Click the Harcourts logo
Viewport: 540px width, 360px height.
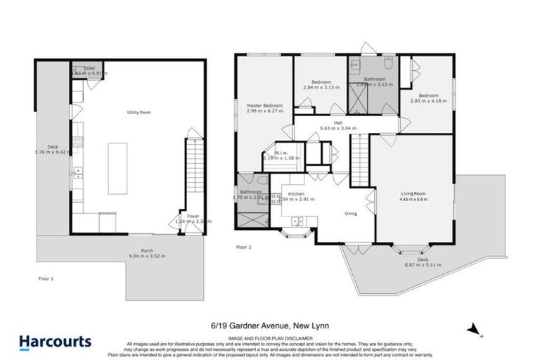[x=55, y=342]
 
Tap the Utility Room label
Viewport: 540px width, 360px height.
[x=139, y=112]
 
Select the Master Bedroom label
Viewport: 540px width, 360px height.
[x=264, y=105]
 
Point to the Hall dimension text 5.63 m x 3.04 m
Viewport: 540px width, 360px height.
[x=339, y=129]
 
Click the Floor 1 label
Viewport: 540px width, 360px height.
[x=46, y=278]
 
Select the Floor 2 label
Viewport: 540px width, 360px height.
[x=243, y=247]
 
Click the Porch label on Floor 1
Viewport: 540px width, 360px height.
[x=147, y=250]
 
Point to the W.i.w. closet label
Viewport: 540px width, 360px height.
[x=281, y=153]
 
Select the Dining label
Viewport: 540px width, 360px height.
[x=351, y=214]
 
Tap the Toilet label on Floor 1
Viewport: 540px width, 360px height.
[x=89, y=68]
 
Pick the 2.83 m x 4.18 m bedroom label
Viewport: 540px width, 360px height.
[x=428, y=96]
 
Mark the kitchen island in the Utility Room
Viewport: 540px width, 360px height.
[x=117, y=168]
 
